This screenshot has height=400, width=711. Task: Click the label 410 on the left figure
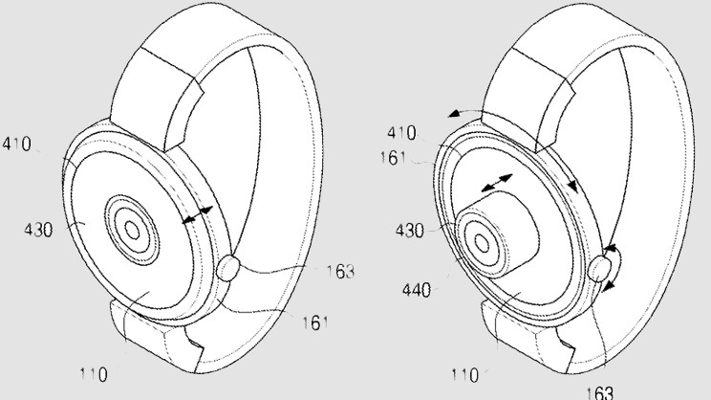[16, 145]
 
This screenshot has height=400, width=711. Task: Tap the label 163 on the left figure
[338, 273]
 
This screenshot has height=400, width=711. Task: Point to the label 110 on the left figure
[93, 373]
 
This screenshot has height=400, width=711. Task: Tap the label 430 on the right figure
[410, 231]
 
